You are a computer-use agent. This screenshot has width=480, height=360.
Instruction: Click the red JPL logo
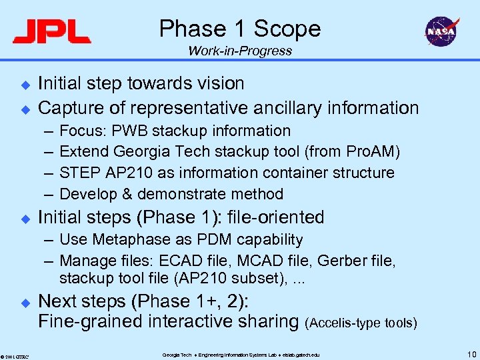pos(51,31)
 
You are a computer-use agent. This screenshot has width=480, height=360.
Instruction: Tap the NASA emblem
pos(441,31)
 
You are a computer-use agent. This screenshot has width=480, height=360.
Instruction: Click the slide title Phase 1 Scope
pos(240,29)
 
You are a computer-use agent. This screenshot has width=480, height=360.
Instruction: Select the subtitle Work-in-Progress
pos(240,51)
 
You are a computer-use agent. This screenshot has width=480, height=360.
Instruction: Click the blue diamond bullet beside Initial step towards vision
pos(25,85)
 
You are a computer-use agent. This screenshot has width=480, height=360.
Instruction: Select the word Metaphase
pos(123,239)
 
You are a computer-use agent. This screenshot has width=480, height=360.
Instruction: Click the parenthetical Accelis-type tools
pos(361,323)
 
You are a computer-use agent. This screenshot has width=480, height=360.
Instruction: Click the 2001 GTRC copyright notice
pos(14,355)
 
